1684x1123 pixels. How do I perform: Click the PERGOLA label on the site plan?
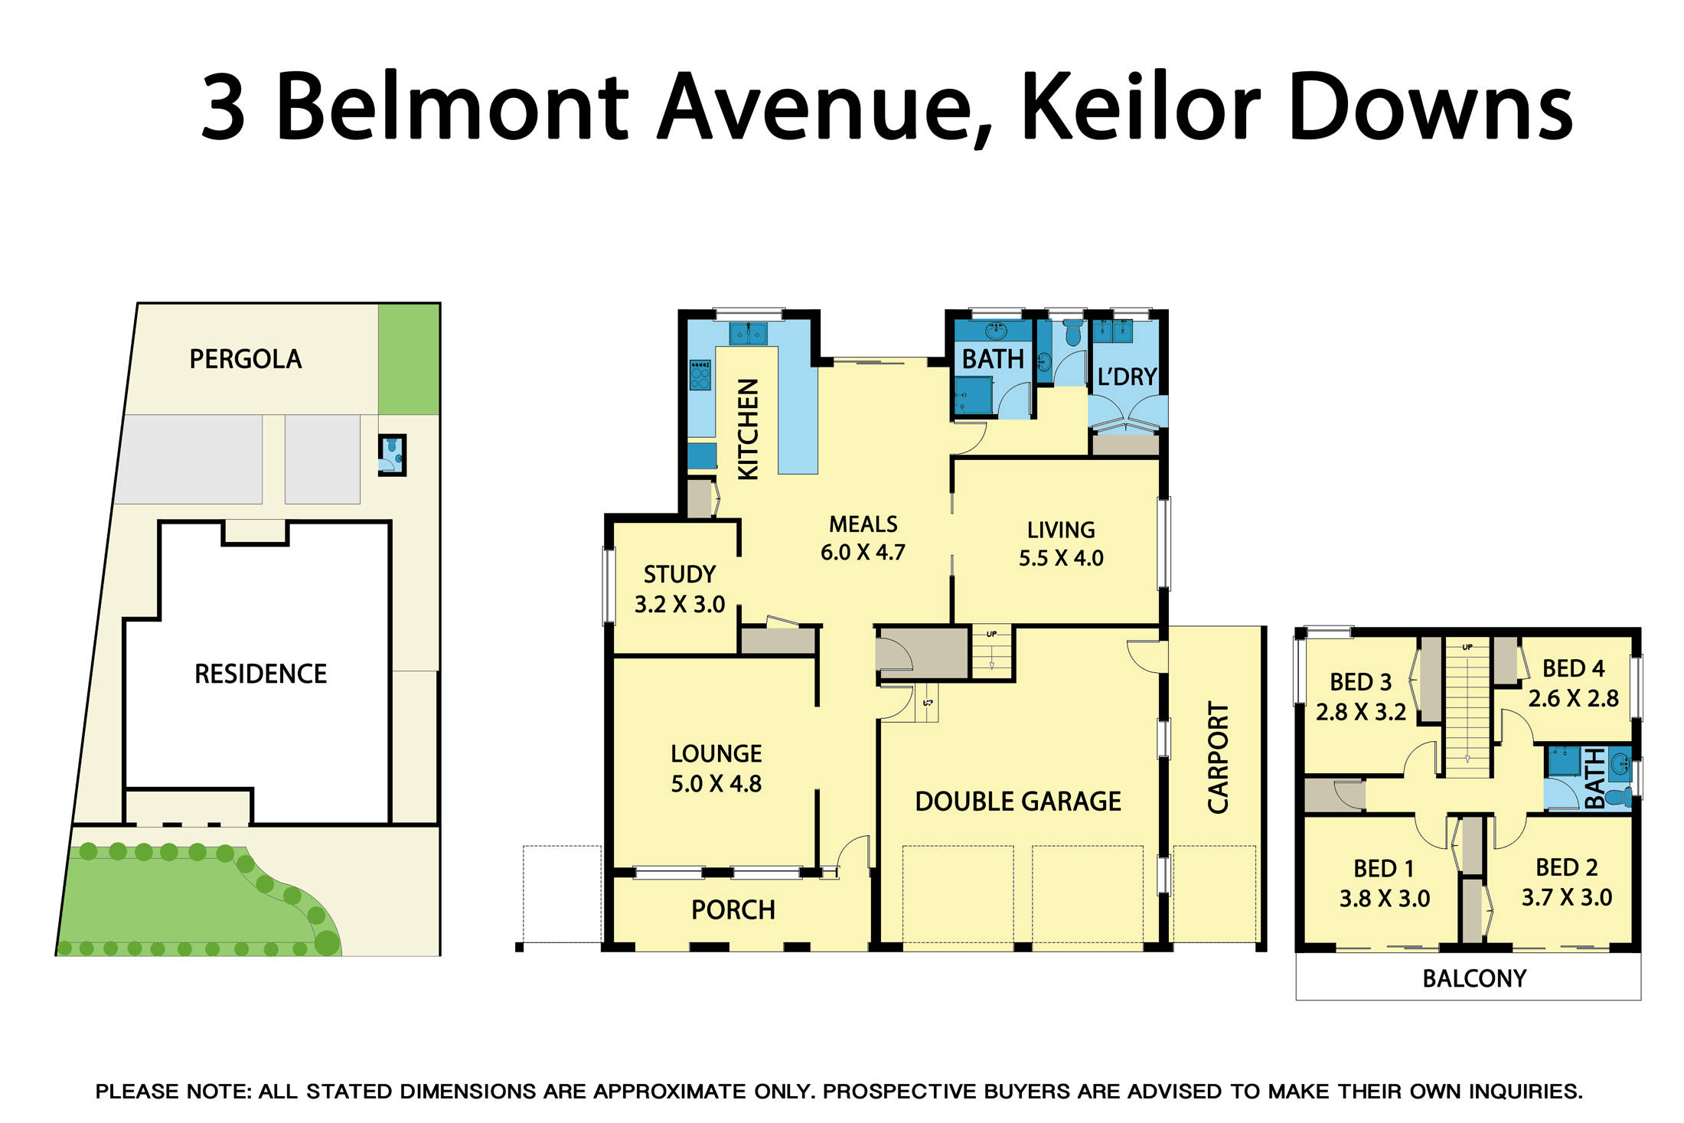pos(245,359)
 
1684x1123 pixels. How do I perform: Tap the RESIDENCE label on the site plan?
pos(260,674)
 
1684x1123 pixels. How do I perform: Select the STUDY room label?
pos(679,574)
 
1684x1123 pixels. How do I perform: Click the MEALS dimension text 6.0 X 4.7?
pos(863,553)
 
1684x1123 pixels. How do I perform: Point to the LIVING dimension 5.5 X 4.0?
pos(1060,558)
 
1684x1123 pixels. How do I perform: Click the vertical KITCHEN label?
pos(748,429)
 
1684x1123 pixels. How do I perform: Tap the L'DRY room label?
pos(1126,377)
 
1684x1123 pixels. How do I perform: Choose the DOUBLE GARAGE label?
pos(1017,801)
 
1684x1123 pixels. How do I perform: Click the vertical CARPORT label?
pos(1217,757)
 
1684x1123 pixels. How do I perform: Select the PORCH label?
pos(733,909)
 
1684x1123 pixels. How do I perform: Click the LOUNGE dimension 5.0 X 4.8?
pos(716,784)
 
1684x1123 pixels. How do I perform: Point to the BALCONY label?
pos(1473,978)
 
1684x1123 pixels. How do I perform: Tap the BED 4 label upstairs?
pos(1572,668)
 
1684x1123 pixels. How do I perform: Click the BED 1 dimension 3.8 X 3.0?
pos(1384,899)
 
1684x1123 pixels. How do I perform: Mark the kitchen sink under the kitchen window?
pos(748,334)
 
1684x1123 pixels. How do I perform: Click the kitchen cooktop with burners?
pos(700,375)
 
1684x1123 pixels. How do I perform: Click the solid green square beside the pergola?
pos(409,358)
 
